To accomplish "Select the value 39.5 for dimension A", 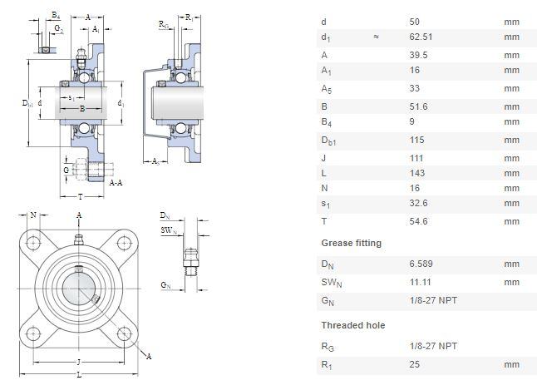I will click(419, 55).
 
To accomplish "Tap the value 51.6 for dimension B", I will click(419, 106).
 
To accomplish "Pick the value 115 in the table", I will click(417, 140).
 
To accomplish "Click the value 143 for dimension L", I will click(417, 173).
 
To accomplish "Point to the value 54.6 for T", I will click(419, 221).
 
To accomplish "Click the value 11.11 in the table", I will click(421, 282).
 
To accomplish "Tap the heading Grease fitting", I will click(352, 243).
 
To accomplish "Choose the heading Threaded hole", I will click(352, 325).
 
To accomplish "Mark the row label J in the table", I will click(323, 156).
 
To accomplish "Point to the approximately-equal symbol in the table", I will click(376, 37).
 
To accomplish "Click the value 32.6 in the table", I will click(419, 203).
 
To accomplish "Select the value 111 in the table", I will click(416, 156).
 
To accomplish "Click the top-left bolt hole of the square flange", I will click(34, 243).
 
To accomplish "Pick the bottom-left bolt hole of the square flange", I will click(34, 334).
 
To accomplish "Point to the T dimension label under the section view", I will click(80, 198).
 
